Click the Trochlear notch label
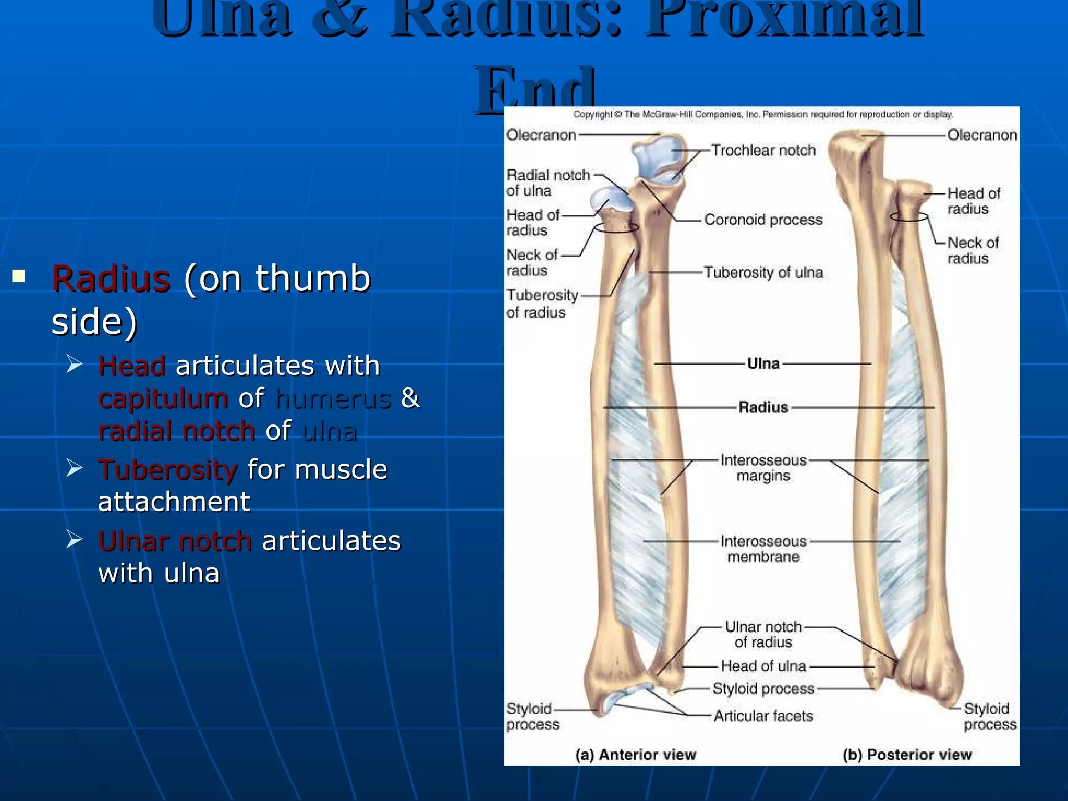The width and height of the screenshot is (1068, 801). pyautogui.click(x=763, y=150)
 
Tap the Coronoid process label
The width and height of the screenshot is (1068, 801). pyautogui.click(x=763, y=220)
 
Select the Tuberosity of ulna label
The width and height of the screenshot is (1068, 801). pyautogui.click(x=763, y=272)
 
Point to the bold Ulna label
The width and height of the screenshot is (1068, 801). pyautogui.click(x=763, y=363)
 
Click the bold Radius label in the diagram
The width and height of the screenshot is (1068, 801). pyautogui.click(x=763, y=407)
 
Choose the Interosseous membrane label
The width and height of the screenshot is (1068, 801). pyautogui.click(x=763, y=549)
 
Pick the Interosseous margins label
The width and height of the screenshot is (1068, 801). pyautogui.click(x=763, y=468)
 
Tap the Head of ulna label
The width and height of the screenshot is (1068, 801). pyautogui.click(x=763, y=666)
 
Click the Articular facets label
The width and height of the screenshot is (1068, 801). pyautogui.click(x=763, y=716)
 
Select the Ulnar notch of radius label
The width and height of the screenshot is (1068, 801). pyautogui.click(x=763, y=634)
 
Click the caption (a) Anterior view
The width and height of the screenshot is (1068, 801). pyautogui.click(x=635, y=755)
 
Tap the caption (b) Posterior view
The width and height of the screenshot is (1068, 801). pyautogui.click(x=907, y=755)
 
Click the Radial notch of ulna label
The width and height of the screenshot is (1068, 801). pyautogui.click(x=547, y=183)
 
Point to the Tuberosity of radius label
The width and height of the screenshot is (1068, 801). pyautogui.click(x=542, y=304)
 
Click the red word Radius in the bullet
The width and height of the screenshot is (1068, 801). pyautogui.click(x=111, y=278)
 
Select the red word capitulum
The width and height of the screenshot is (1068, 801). pyautogui.click(x=163, y=398)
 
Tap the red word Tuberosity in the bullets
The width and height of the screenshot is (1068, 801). pyautogui.click(x=168, y=469)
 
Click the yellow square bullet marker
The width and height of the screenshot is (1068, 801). pyautogui.click(x=19, y=275)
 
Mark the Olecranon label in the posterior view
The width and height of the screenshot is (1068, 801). pyautogui.click(x=982, y=135)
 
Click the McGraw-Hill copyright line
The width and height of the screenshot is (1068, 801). pyautogui.click(x=762, y=114)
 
